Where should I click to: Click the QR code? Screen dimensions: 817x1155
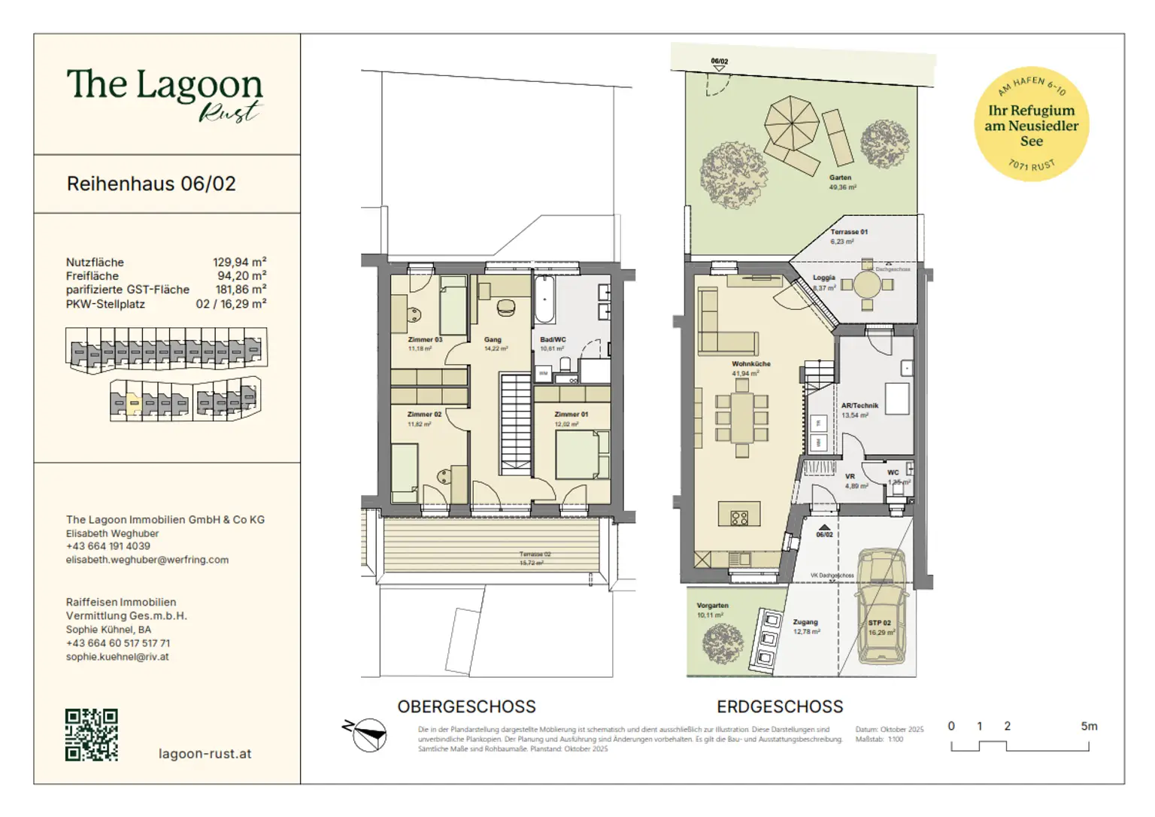(91, 734)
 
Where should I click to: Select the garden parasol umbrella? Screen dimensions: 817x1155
(791, 123)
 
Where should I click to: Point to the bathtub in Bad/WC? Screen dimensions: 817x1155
(544, 300)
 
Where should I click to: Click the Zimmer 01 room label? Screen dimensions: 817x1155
(571, 415)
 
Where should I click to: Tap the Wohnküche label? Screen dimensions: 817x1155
(750, 364)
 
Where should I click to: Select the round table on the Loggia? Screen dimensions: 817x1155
(867, 284)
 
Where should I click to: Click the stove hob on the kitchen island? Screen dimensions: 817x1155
(739, 518)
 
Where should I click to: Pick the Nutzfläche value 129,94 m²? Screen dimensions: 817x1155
(239, 262)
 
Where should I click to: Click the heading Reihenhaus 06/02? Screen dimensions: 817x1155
(151, 184)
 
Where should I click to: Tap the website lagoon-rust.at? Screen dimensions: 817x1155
(205, 754)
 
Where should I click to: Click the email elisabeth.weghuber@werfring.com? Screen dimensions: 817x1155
(147, 560)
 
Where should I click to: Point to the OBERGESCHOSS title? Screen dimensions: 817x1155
(466, 707)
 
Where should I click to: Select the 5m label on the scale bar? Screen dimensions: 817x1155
(1088, 726)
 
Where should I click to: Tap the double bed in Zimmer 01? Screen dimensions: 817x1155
(581, 454)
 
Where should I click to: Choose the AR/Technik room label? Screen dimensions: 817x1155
(859, 405)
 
